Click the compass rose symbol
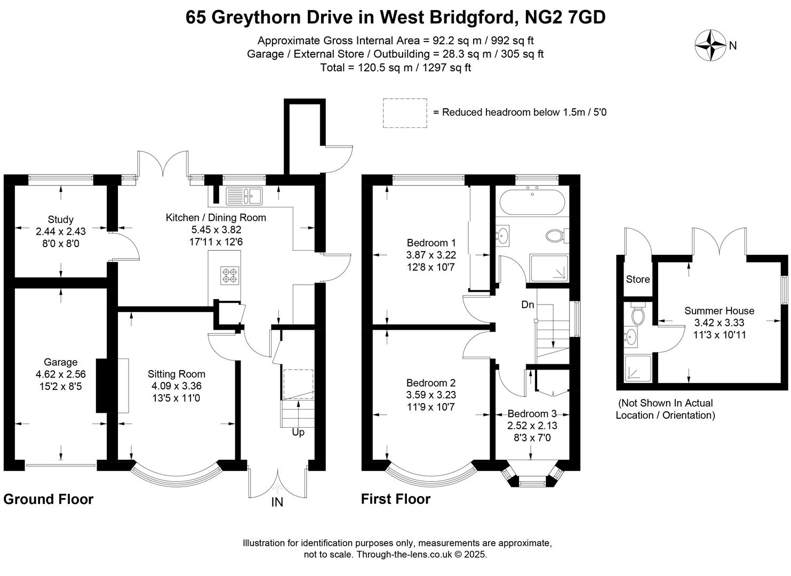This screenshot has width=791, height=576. coord(710,45)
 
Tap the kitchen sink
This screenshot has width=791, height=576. coord(244,196)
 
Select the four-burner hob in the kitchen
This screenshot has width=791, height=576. coord(230,275)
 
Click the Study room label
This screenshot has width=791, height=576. coord(60,219)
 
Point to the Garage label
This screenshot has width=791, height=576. coord(60,362)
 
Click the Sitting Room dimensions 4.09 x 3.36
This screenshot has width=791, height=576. coord(176,386)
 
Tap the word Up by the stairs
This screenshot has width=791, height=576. coord(298,433)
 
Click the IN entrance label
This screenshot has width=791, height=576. coord(277,502)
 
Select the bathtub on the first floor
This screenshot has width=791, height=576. coord(532,202)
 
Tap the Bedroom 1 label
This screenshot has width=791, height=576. coord(431,243)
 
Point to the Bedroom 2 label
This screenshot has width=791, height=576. coord(431,383)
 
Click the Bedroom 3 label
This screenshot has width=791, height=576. coord(532,413)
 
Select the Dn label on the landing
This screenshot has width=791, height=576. coord(528,305)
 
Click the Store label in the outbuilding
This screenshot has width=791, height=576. coord(638,279)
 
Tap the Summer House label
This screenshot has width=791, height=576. coord(720,311)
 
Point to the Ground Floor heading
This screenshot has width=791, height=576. coord(49,499)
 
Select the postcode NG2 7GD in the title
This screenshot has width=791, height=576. coord(565,17)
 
